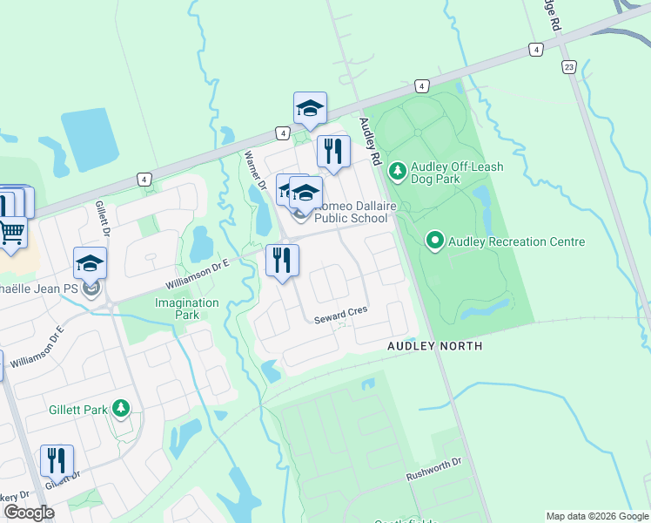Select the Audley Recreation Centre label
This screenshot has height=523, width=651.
516,241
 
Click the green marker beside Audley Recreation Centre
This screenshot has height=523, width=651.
435,240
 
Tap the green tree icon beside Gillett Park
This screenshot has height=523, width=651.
122,408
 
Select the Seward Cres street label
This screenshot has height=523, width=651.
340,311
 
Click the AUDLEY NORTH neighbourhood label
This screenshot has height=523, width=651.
434,346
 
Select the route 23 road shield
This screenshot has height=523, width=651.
569,66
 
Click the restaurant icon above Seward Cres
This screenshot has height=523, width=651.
282,261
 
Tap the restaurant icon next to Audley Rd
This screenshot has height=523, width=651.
332,152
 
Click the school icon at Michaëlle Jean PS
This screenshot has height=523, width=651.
90,264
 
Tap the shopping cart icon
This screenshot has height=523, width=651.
11,232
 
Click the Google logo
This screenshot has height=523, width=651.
29,513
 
